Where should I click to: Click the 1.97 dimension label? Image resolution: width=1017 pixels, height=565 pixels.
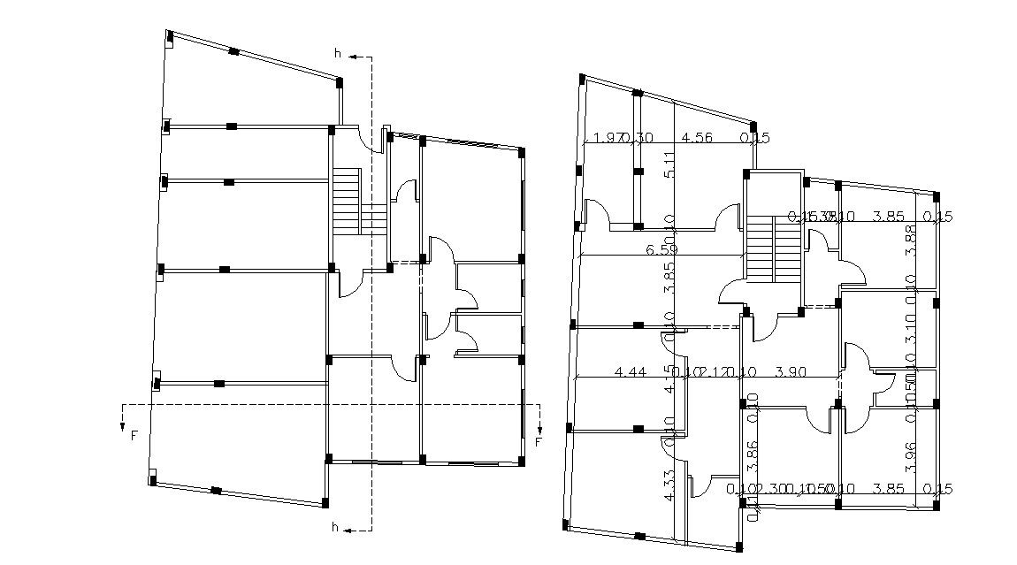[x=606, y=137]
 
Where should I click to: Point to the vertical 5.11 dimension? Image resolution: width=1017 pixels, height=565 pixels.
[x=669, y=164]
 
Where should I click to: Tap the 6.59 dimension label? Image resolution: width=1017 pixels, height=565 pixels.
[x=662, y=250]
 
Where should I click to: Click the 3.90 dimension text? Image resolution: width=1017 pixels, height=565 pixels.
[x=790, y=372]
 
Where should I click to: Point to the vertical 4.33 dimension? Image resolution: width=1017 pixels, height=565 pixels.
[x=669, y=487]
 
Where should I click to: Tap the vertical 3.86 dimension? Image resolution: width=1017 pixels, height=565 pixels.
[x=753, y=455]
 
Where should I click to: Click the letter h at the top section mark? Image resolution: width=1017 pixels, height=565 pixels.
[x=337, y=54]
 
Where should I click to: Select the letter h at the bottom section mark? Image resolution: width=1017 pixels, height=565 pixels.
[x=335, y=528]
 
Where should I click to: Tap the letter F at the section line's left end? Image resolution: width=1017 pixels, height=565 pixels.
[x=134, y=435]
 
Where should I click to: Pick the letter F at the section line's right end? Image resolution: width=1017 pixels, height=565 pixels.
[x=539, y=441]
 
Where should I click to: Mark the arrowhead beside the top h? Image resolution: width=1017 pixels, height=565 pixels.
[x=352, y=57]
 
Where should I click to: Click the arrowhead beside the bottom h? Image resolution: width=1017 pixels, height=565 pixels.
[x=350, y=531]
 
